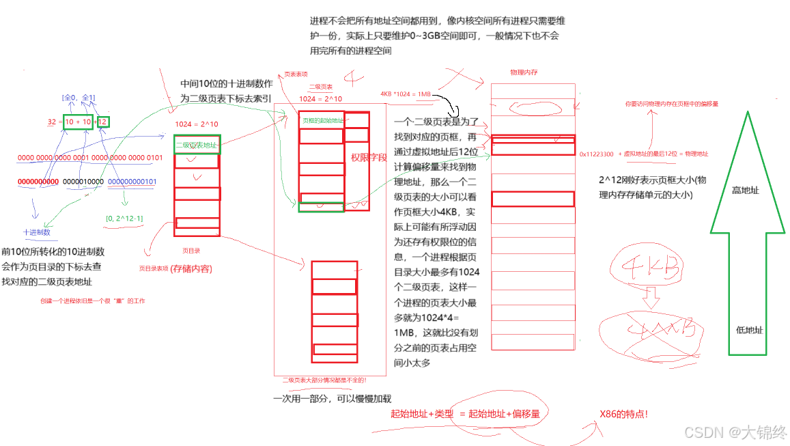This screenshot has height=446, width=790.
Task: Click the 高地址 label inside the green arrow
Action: click(x=746, y=191)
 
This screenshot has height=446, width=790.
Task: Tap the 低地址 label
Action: click(x=750, y=330)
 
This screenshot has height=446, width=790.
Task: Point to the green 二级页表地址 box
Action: click(x=197, y=145)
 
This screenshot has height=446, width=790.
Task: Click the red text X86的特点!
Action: click(x=623, y=414)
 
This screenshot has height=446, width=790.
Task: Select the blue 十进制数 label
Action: click(x=37, y=232)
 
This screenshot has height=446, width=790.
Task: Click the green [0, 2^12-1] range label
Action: click(x=124, y=219)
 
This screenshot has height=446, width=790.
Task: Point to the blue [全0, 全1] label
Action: click(x=79, y=98)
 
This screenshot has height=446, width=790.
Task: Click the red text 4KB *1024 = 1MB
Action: click(x=406, y=94)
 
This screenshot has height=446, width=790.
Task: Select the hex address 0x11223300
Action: click(x=596, y=154)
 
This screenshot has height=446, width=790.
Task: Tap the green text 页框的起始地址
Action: click(x=323, y=121)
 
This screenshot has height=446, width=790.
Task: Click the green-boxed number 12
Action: click(x=102, y=122)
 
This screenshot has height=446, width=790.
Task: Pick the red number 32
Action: click(x=52, y=122)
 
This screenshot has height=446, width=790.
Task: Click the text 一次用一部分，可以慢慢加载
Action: click(x=332, y=399)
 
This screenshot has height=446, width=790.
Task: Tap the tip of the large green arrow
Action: click(x=748, y=114)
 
